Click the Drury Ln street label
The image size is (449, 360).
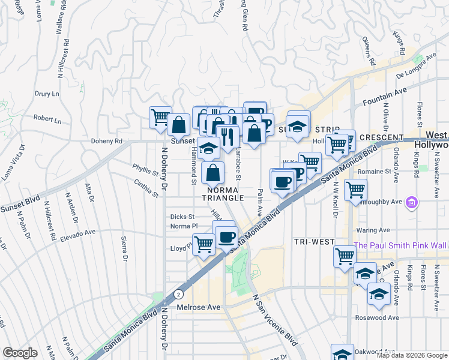tap(47, 94)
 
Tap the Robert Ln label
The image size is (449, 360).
tap(47, 120)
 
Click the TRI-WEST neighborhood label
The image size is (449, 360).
tap(314, 241)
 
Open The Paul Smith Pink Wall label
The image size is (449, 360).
tap(401, 245)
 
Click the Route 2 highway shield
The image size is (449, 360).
tap(179, 293)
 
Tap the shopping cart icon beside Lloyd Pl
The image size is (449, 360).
tap(204, 244)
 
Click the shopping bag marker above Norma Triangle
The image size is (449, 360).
tap(213, 173)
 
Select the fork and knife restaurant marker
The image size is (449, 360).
tap(228, 137)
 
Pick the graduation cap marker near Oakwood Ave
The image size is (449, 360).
tap(342, 354)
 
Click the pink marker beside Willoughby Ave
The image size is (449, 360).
tap(411, 203)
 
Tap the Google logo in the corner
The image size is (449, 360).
tap(20, 353)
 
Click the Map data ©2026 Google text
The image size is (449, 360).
tap(412, 355)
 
